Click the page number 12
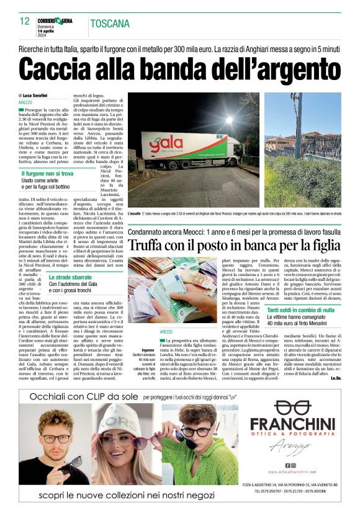24,22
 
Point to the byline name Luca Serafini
37,95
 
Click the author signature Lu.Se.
336,378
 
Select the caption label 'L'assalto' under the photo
135,213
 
